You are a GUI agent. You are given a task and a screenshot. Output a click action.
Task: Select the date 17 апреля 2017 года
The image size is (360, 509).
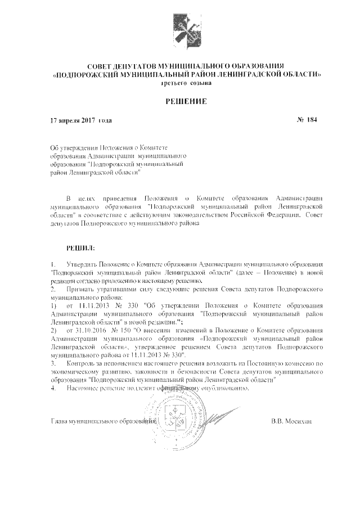click(x=81, y=120)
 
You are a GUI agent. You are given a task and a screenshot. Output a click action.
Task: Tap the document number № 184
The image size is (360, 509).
click(x=307, y=120)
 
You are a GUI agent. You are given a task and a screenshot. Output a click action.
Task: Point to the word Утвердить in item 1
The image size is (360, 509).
click(x=82, y=264)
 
